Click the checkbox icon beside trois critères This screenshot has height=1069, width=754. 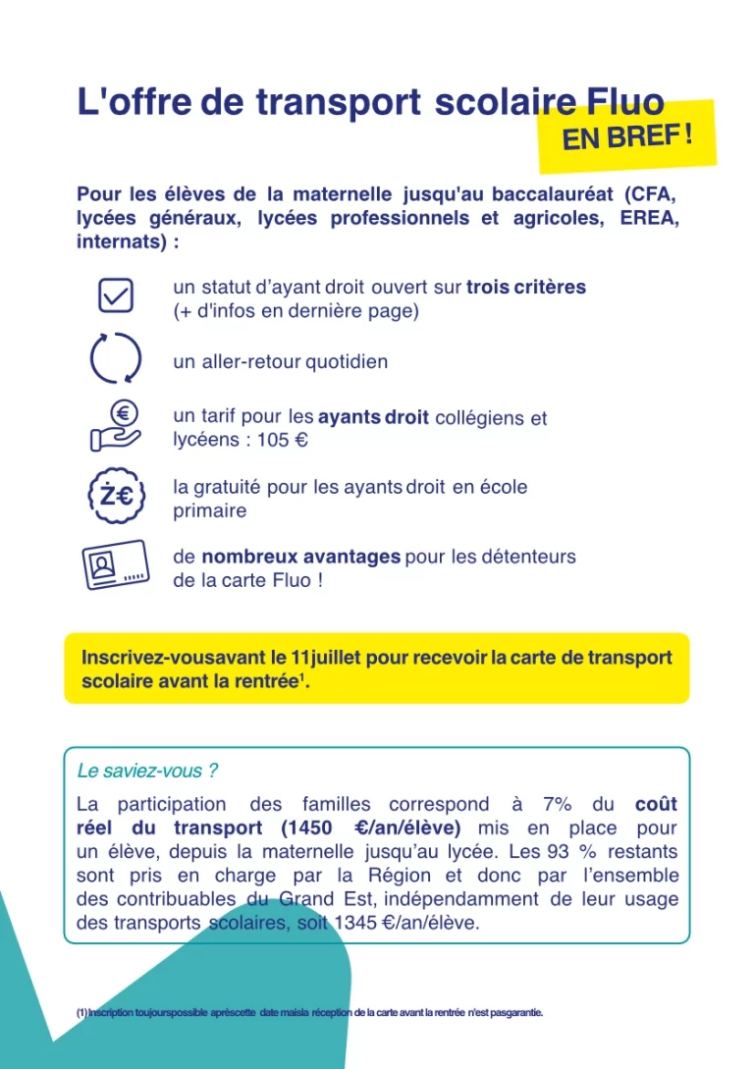pos(116,294)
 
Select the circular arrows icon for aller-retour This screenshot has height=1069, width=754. pos(116,359)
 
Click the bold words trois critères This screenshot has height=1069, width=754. pos(526,288)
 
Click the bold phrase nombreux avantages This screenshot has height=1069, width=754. pos(300,557)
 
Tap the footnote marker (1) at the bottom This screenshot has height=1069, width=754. pos(81,1012)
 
